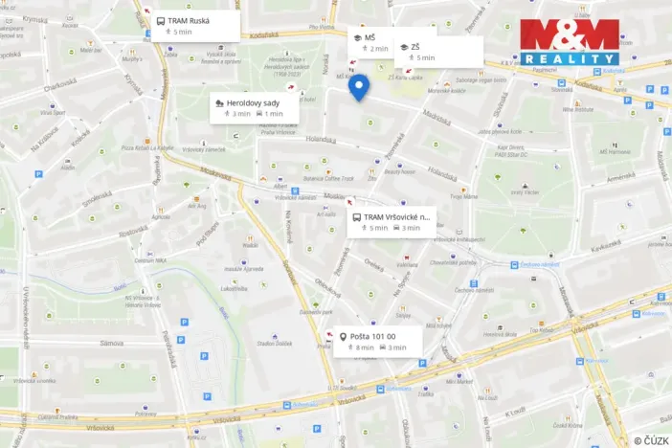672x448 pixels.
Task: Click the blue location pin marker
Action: click(358, 88)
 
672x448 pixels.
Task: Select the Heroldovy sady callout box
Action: click(254, 106)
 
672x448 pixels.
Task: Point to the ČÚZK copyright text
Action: click(651, 439)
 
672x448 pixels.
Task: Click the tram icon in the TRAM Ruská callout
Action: click(160, 20)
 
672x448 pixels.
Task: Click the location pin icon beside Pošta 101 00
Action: click(343, 337)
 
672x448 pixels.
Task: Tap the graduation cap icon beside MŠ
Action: click(357, 37)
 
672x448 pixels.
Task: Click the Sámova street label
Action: click(111, 343)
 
